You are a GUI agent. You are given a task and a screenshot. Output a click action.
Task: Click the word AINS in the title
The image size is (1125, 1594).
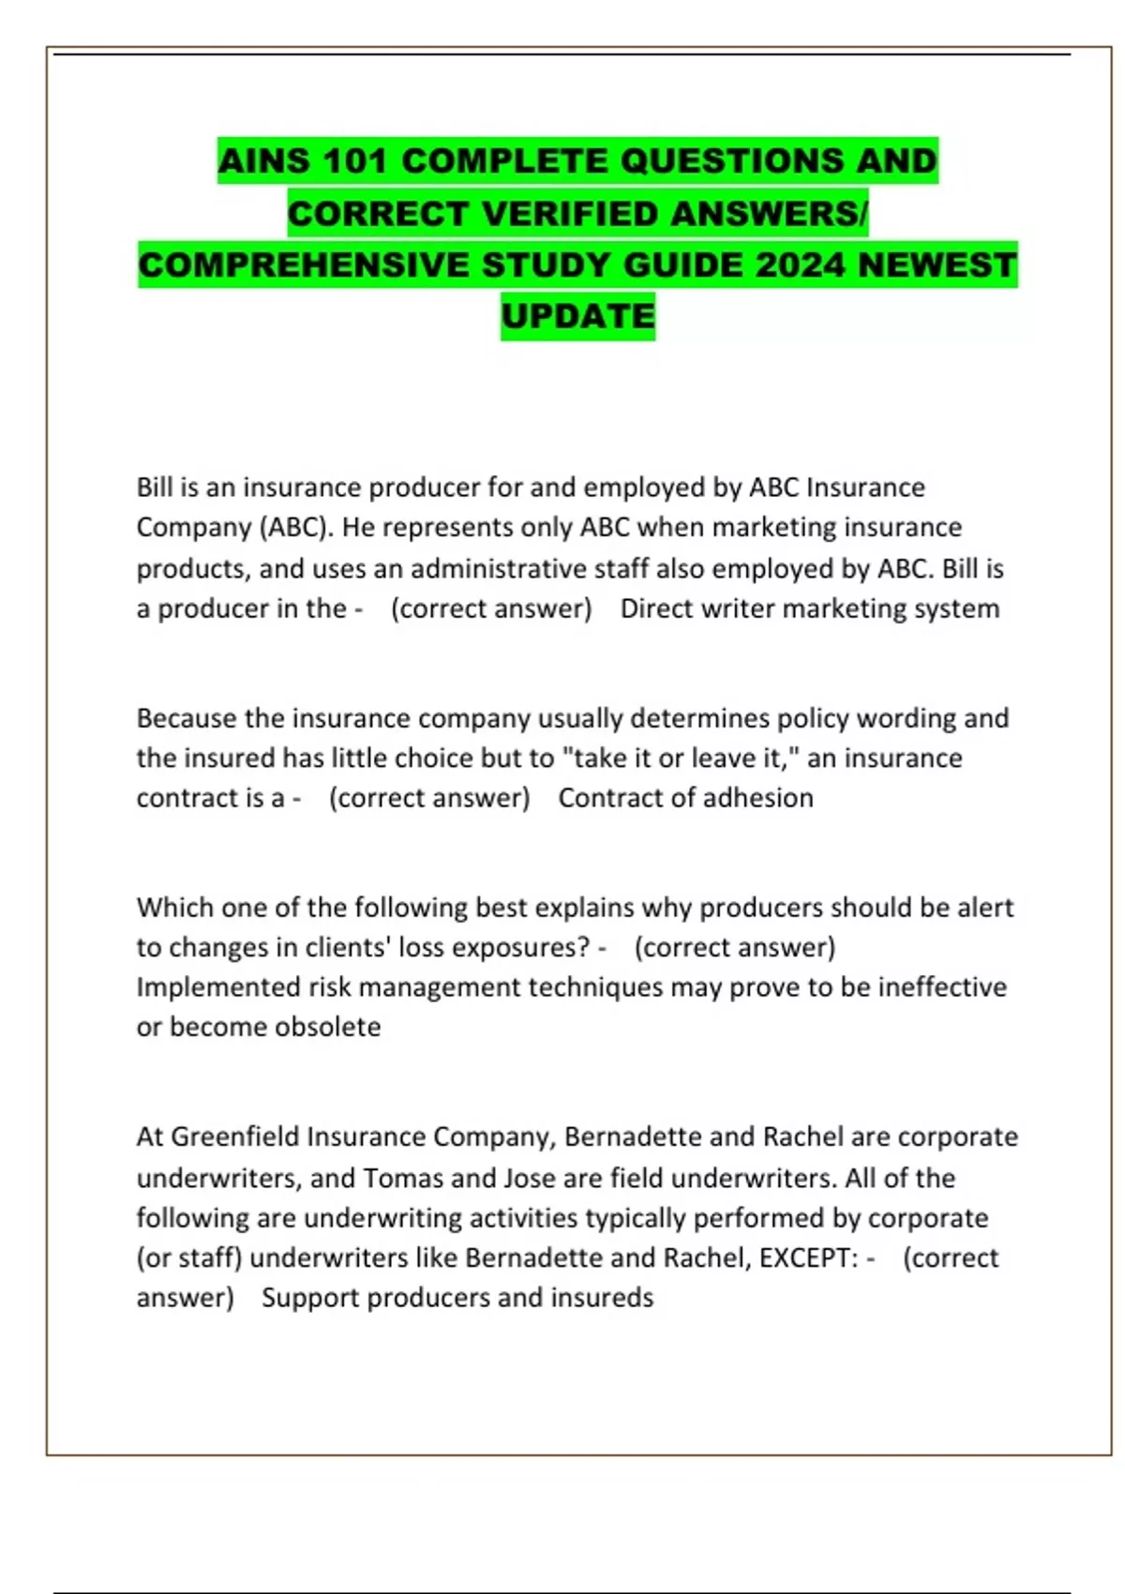pyautogui.click(x=264, y=160)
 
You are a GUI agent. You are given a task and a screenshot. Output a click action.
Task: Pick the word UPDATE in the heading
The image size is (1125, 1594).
pyautogui.click(x=577, y=316)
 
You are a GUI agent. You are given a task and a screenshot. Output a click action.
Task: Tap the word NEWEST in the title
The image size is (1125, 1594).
pyautogui.click(x=937, y=265)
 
